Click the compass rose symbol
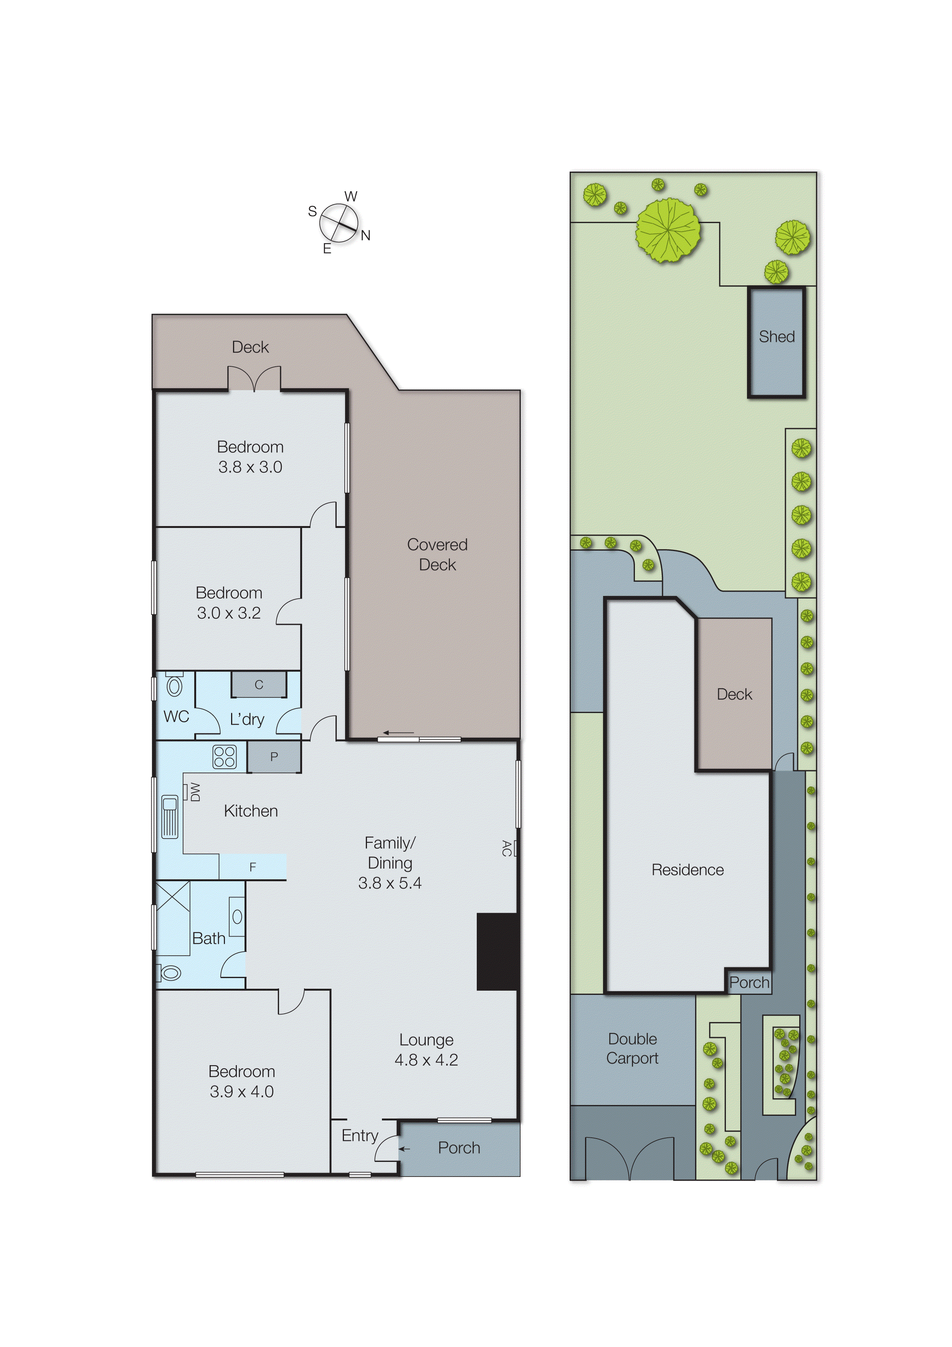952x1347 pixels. [x=339, y=223]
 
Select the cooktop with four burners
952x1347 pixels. [x=224, y=757]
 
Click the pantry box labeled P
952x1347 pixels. [x=274, y=757]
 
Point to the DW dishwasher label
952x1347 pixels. [x=195, y=792]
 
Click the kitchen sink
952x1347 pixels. [x=170, y=816]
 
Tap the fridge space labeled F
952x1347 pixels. [x=253, y=867]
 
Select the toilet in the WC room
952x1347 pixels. [x=174, y=685]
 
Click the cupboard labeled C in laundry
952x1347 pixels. [x=259, y=685]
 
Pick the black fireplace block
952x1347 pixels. [x=497, y=952]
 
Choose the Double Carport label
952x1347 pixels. [x=632, y=1048]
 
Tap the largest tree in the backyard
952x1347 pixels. [x=668, y=230]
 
